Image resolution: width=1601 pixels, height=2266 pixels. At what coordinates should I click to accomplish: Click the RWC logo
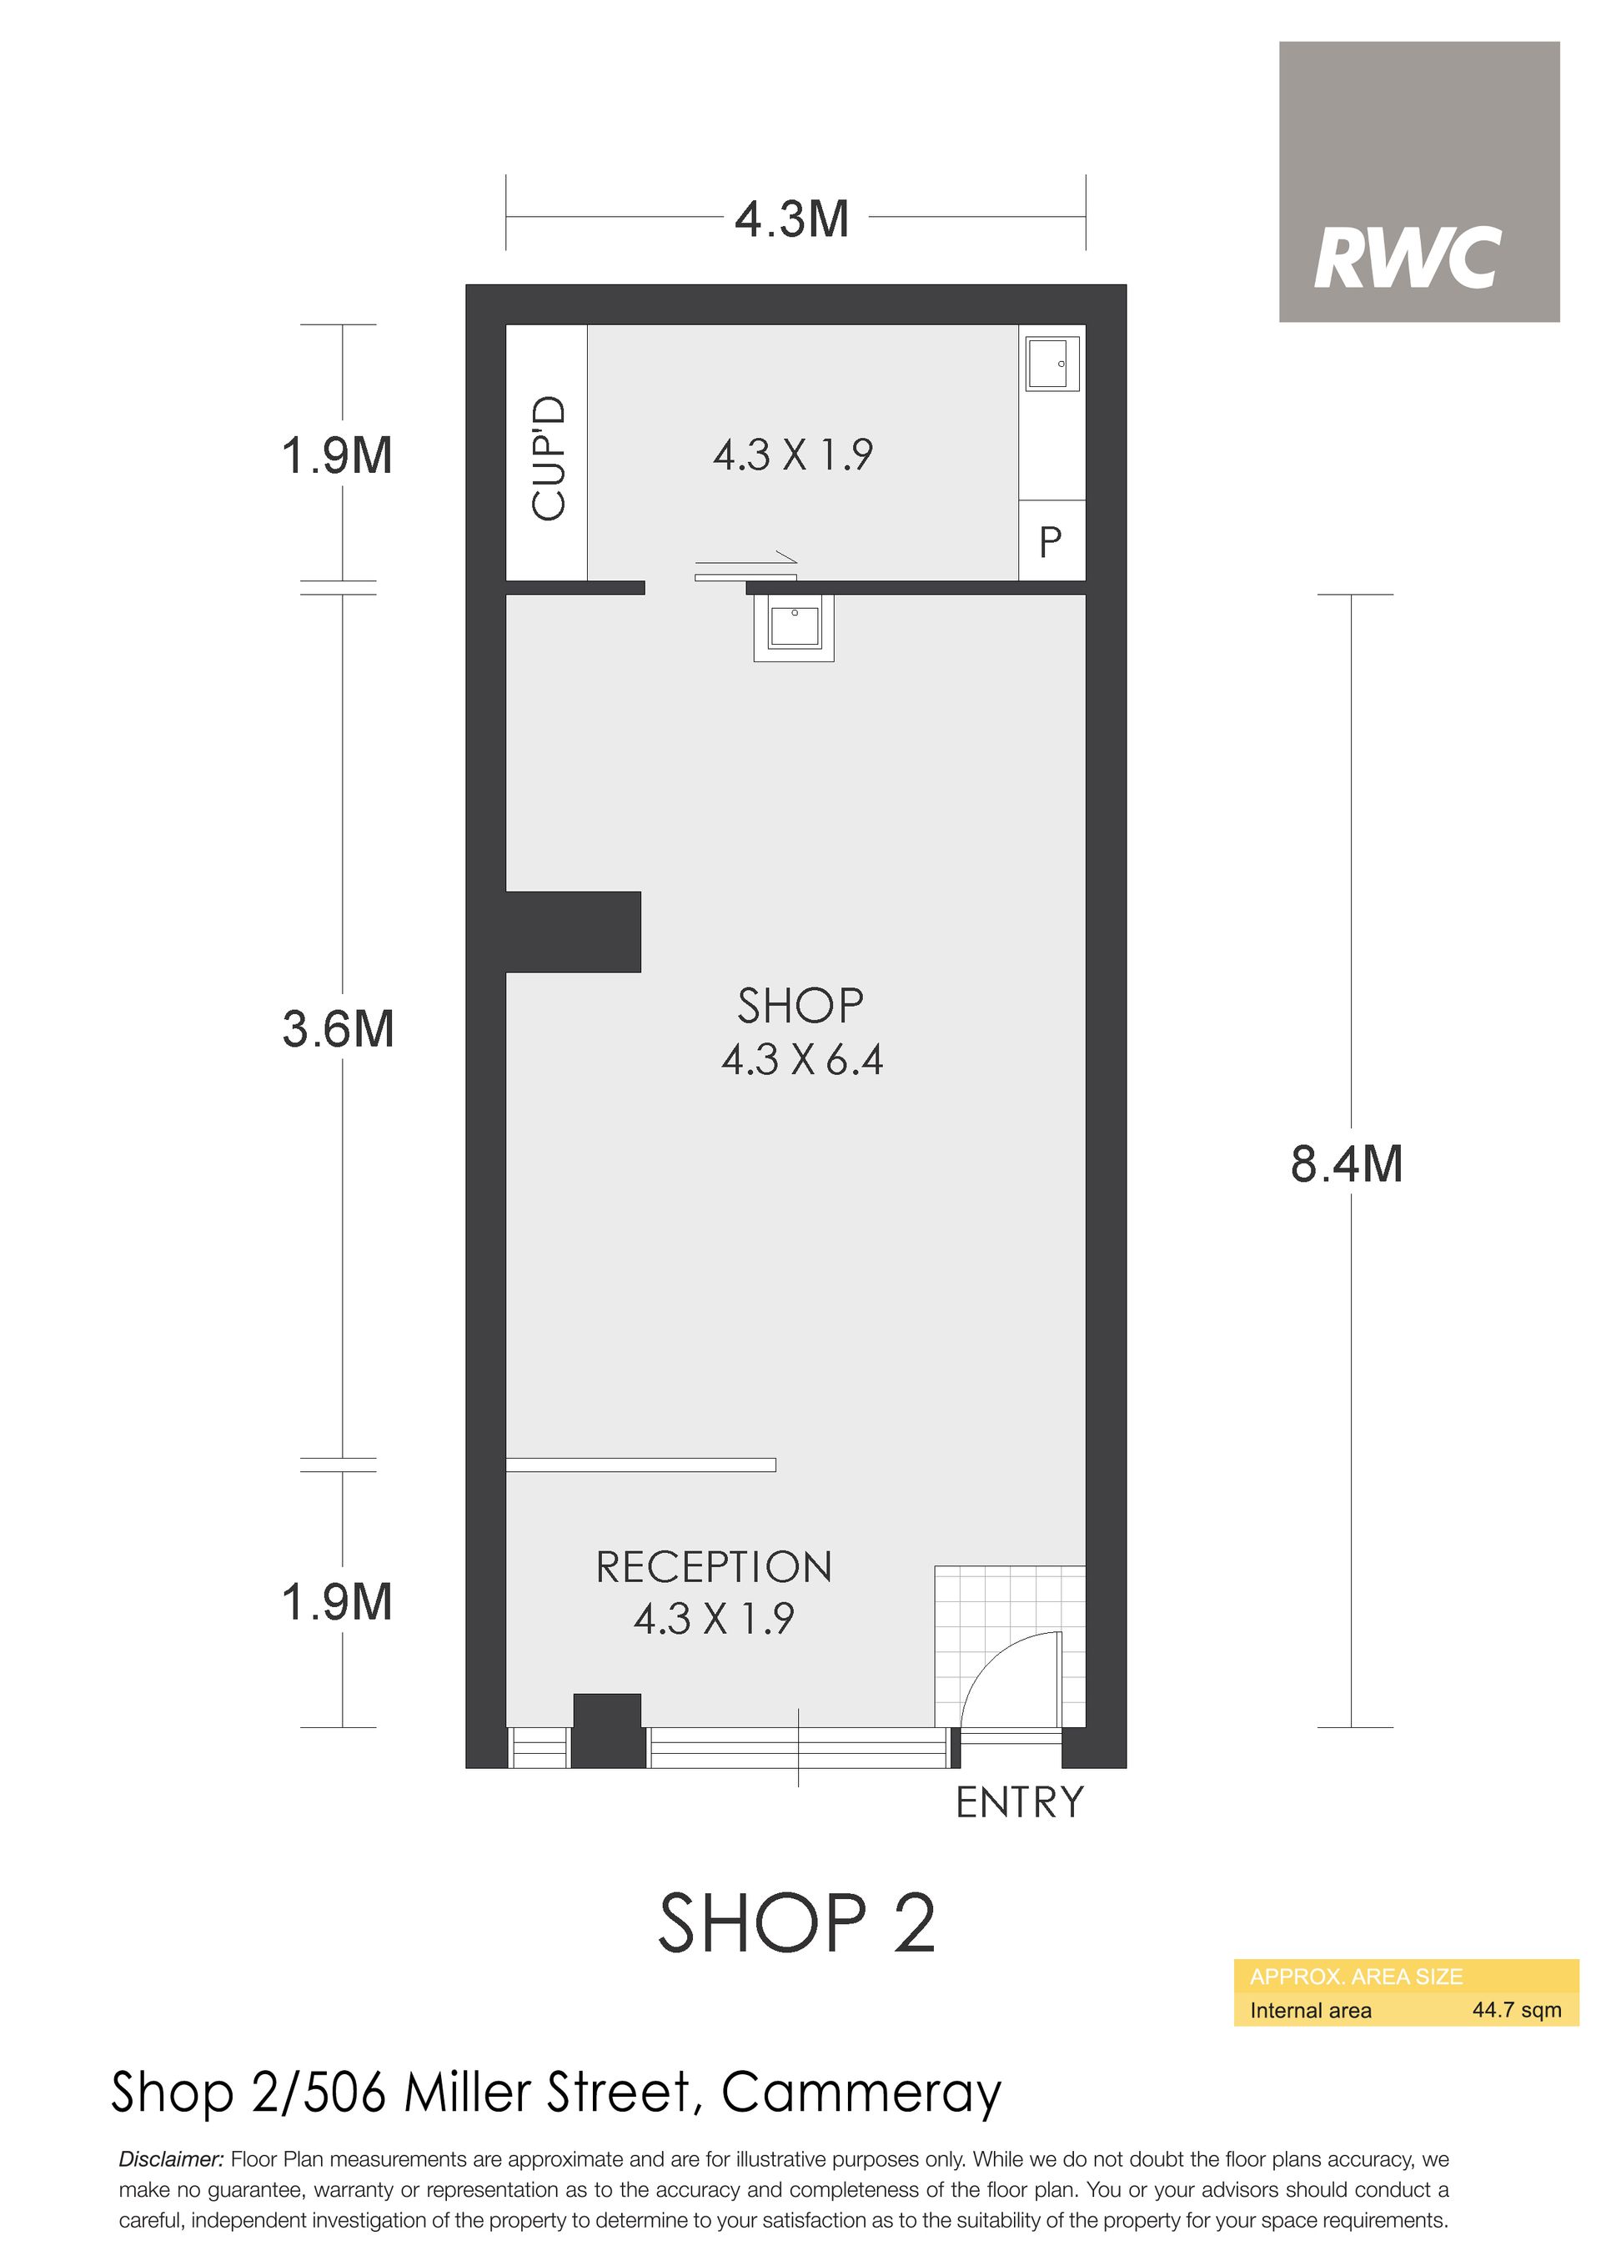click(1418, 182)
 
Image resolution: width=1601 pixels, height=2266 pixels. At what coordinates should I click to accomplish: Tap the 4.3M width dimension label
click(791, 219)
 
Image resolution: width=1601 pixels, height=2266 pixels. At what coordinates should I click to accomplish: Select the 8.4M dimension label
click(1347, 1163)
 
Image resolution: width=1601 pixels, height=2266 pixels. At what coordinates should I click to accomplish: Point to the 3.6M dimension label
click(338, 1028)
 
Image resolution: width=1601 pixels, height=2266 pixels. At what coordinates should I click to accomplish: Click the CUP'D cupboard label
click(549, 457)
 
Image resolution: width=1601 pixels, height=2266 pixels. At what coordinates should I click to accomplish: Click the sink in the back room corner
click(1052, 363)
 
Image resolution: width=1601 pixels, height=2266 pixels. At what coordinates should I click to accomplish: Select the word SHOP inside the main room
click(800, 1006)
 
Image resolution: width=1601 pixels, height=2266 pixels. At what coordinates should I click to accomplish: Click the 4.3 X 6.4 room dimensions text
click(801, 1060)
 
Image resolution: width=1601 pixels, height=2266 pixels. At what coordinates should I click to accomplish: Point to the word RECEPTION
click(714, 1567)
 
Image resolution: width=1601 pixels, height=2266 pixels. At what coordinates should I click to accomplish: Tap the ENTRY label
click(1020, 1802)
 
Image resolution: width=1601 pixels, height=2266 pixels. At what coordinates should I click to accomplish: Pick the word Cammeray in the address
click(861, 2093)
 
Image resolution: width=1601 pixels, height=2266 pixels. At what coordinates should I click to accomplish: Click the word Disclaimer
click(172, 2159)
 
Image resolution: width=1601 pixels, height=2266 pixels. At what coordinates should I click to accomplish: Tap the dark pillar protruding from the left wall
click(574, 932)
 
